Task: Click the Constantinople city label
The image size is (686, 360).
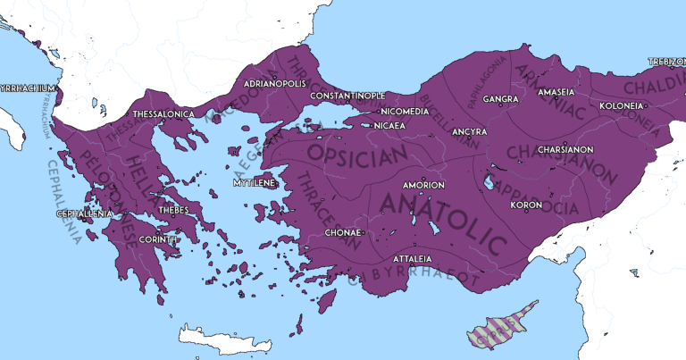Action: click(x=347, y=95)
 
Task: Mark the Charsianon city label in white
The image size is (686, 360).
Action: click(x=565, y=150)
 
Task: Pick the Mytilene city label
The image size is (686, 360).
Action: click(x=254, y=182)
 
